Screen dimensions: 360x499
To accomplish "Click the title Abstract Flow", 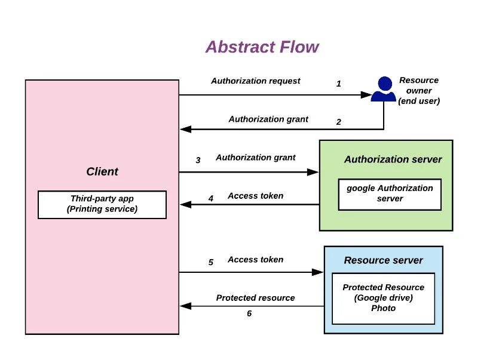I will [262, 47].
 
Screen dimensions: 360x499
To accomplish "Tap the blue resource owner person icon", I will [383, 90].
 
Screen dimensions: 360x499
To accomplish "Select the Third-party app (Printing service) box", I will [102, 204].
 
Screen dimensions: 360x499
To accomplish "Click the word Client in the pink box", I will [102, 172].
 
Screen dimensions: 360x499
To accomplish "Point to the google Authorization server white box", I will [390, 193].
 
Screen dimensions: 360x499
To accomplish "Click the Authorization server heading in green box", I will [393, 159].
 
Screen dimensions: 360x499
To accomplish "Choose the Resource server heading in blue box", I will [383, 260].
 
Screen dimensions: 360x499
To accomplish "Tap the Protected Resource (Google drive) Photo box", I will [383, 298].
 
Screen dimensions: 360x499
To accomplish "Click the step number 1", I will [339, 84].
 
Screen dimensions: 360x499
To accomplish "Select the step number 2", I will [339, 122].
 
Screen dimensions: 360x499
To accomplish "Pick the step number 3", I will [198, 160].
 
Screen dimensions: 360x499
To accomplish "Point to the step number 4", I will [211, 199].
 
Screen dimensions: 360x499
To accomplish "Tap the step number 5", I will [211, 262].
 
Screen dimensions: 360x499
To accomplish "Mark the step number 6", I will [249, 313].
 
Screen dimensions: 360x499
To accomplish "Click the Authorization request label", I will [256, 81].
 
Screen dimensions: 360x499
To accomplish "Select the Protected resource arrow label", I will [255, 298].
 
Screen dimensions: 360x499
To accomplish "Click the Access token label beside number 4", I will [255, 196].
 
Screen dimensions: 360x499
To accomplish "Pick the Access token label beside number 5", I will [255, 260].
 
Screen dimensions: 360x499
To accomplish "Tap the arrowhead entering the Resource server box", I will [319, 272].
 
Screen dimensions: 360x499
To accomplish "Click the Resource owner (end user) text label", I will [419, 91].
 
